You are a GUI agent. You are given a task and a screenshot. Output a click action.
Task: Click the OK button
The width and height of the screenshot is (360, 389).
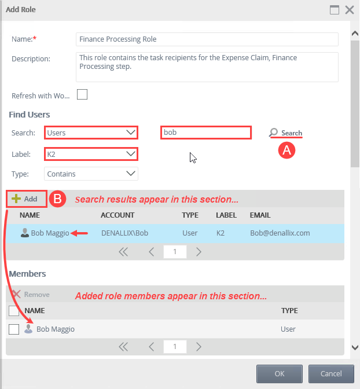[x=280, y=373]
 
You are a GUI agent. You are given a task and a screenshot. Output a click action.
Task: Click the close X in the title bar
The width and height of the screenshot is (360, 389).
[x=349, y=9]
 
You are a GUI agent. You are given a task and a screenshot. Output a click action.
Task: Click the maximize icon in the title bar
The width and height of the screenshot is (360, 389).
[x=334, y=9]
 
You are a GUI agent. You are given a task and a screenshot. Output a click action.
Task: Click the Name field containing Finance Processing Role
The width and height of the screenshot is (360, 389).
[x=207, y=39]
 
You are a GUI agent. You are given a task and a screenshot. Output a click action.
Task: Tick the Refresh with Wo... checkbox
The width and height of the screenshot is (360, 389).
[x=82, y=94]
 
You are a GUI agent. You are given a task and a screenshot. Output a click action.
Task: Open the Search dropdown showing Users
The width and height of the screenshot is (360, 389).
[x=91, y=133]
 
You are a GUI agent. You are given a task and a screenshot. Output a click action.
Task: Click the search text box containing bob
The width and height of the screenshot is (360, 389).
[x=205, y=133]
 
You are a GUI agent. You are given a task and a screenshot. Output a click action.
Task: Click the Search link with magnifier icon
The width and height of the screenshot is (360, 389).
[x=286, y=133]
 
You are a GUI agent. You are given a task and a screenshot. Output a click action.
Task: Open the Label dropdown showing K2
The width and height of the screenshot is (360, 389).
[x=91, y=154]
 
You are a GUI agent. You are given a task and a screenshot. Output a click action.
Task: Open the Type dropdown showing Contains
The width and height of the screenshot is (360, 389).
[x=91, y=174]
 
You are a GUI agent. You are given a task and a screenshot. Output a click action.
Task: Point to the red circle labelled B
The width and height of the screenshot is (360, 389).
[x=58, y=199]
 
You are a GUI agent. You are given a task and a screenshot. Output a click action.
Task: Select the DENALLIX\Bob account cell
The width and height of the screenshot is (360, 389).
[x=124, y=233]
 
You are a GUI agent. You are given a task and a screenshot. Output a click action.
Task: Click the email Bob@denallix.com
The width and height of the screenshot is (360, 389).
[x=280, y=233]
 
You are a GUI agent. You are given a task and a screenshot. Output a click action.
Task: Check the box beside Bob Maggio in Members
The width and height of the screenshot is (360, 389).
[x=14, y=329]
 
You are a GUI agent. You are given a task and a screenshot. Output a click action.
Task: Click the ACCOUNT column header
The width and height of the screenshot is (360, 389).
[x=117, y=215]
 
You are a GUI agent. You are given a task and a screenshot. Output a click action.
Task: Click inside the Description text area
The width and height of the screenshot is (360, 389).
[x=207, y=67]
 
